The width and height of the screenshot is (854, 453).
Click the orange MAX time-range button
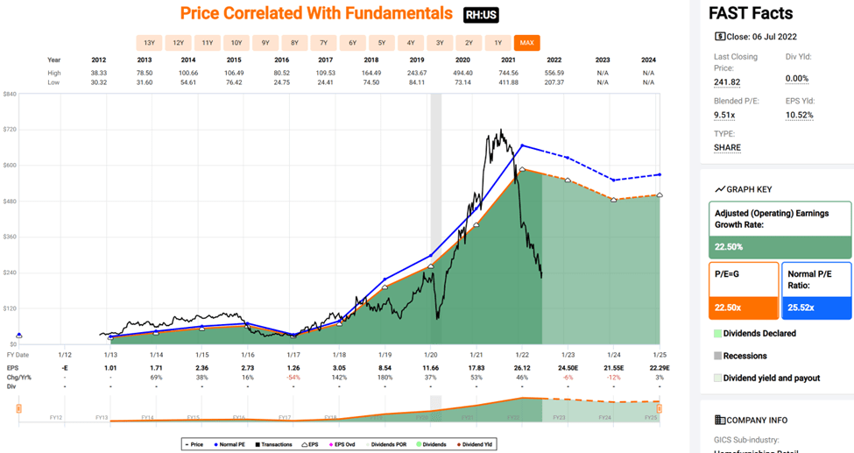[x=527, y=43]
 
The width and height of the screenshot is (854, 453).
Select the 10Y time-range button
[x=236, y=43]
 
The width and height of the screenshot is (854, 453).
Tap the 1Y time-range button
[x=498, y=43]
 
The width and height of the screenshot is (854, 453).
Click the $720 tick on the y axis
[x=11, y=129]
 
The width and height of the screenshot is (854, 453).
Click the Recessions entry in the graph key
[x=745, y=356]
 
